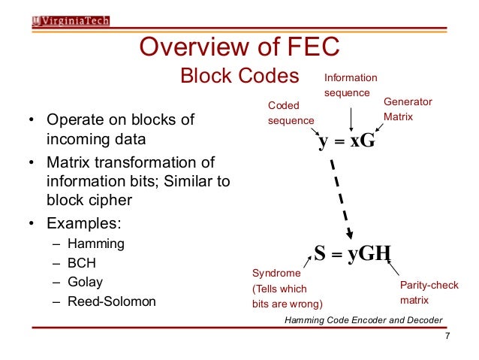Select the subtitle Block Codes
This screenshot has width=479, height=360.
239,77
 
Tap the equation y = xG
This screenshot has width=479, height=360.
346,141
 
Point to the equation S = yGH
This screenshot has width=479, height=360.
352,253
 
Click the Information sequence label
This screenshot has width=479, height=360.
351,85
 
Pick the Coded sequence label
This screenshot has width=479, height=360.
291,113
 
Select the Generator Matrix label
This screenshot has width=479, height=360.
408,108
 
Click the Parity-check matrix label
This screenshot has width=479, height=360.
425,292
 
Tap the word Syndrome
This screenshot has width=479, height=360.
276,274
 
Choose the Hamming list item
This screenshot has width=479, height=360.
95,244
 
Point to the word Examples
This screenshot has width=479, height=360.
83,223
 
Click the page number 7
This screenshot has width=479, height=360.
447,336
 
